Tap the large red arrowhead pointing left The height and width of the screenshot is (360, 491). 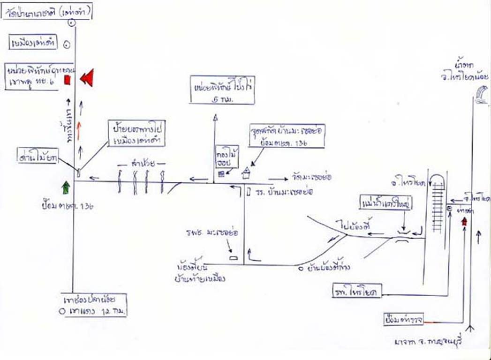pos(87,77)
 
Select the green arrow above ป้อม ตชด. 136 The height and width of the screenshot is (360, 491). pos(66,187)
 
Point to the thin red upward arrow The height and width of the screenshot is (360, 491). pos(80,130)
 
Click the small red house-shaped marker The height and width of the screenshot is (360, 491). pos(465,222)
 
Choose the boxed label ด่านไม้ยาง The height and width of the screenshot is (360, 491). pos(37,158)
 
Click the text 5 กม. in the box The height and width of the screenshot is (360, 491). pos(222,99)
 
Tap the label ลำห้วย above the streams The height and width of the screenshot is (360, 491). pos(143,164)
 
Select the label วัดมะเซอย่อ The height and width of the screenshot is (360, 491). pos(307,178)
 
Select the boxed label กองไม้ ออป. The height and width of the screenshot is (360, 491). pos(222,157)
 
